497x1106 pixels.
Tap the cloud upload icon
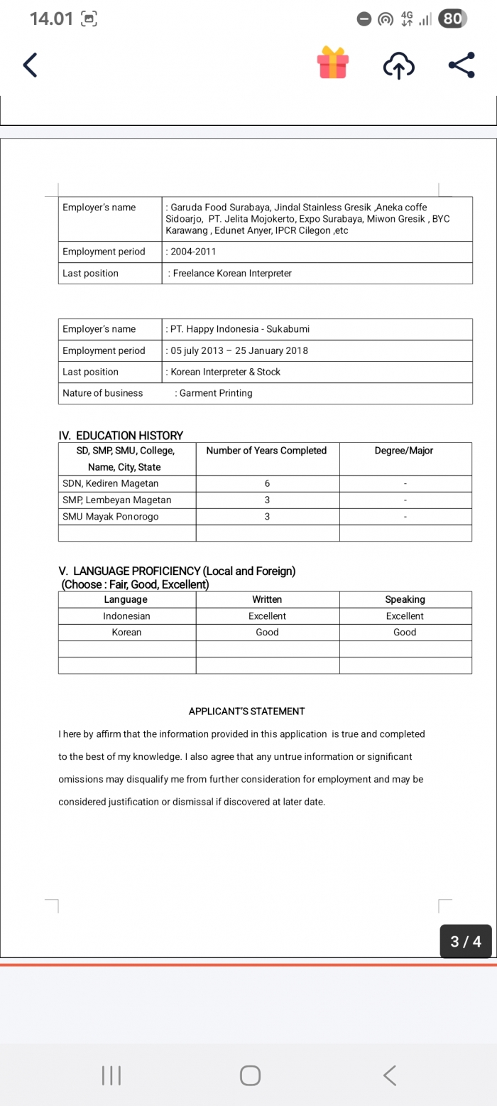coord(398,66)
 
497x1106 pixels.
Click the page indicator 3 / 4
coord(466,942)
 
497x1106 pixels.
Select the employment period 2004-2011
coord(193,252)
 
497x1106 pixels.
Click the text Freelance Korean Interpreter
coord(232,274)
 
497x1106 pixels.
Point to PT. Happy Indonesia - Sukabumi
coord(240,329)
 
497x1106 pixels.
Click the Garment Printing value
coord(216,393)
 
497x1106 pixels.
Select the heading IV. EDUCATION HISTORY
coord(121,435)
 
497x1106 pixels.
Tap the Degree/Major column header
coord(404,451)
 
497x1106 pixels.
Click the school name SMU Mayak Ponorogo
coord(111,517)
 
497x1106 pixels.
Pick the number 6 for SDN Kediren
coord(267,484)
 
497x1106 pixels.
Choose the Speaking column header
coord(405,599)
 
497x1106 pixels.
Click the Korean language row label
coord(126,633)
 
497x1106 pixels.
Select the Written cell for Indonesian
coord(267,616)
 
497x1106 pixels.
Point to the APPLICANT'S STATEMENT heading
coord(246,711)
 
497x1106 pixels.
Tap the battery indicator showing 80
coord(452,19)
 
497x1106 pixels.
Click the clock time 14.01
coord(51,19)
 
